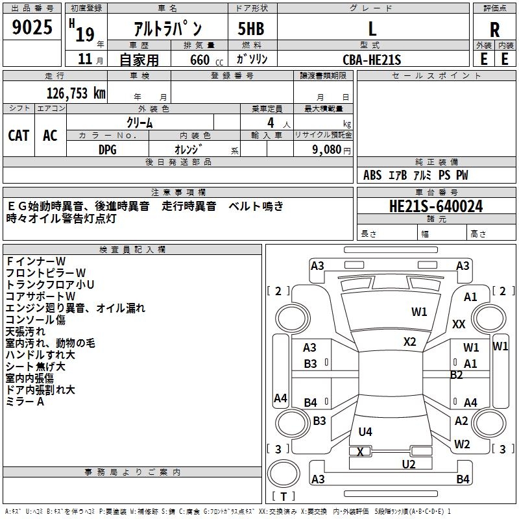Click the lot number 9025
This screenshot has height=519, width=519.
click(32, 28)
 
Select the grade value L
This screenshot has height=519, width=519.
click(372, 29)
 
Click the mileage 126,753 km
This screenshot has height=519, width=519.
click(76, 93)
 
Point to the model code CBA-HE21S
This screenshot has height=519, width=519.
click(372, 60)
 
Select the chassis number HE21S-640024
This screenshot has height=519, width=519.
click(436, 206)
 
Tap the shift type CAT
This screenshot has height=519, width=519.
click(19, 135)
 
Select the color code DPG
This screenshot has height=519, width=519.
click(108, 149)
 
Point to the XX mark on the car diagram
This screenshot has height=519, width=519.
click(459, 324)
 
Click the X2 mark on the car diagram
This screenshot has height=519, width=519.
click(409, 341)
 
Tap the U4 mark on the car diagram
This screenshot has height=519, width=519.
click(365, 431)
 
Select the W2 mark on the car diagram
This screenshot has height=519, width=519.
click(462, 444)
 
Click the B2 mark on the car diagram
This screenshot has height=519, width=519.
click(457, 375)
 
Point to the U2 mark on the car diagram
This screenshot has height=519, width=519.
click(408, 464)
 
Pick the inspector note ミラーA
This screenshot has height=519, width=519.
click(25, 402)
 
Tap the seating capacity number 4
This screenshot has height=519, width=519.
click(270, 122)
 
